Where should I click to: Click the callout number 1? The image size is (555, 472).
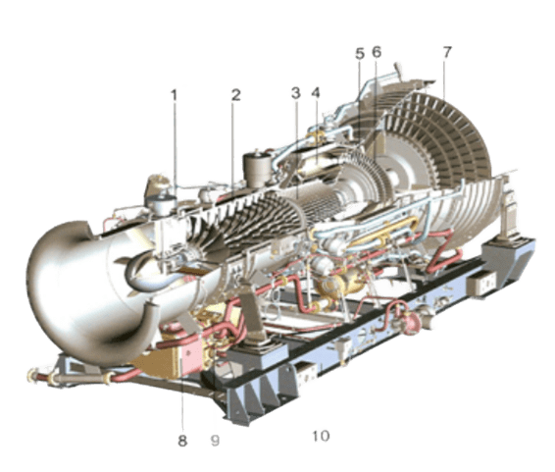(x=174, y=95)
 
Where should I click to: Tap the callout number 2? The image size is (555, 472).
(x=236, y=95)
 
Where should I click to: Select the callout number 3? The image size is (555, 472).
(x=296, y=93)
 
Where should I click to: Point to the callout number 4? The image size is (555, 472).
(x=316, y=93)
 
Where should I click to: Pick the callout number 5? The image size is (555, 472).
(x=360, y=54)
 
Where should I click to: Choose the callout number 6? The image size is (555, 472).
(x=377, y=52)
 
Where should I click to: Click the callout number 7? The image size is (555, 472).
(x=447, y=52)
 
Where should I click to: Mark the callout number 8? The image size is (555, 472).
(x=182, y=441)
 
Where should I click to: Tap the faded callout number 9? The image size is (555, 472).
(x=215, y=441)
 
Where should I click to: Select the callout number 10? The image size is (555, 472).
(x=321, y=436)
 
